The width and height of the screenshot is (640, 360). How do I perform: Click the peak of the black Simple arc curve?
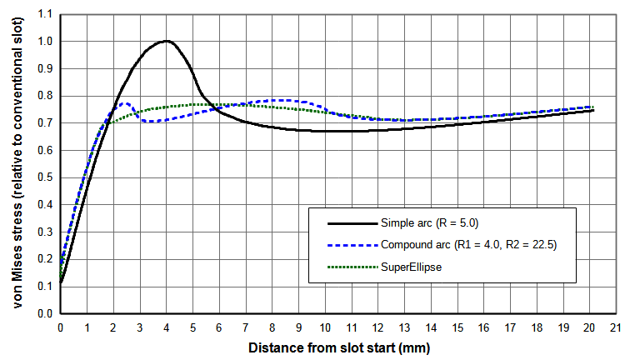pos(167,41)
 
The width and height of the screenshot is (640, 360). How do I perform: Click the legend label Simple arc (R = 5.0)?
pos(428,222)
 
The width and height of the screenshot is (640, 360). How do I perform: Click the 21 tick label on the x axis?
pos(617,328)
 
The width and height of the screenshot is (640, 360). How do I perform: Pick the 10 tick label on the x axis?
pos(326,328)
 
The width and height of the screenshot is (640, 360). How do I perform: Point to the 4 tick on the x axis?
pos(167,328)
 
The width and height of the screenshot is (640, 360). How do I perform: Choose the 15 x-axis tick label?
pos(458,328)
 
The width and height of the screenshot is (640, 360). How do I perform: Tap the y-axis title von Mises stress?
pos(17,164)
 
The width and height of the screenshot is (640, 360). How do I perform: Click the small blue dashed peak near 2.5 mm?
pos(125,103)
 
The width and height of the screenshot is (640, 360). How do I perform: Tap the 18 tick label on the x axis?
pos(538,328)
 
